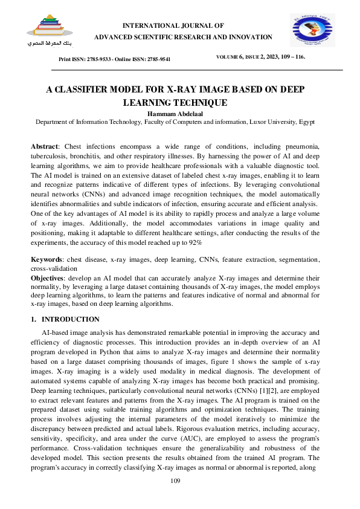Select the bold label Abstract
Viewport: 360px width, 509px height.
pyautogui.click(x=45, y=147)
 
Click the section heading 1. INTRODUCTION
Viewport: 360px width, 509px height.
pyautogui.click(x=65, y=319)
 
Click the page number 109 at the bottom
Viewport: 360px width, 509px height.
pyautogui.click(x=175, y=481)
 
